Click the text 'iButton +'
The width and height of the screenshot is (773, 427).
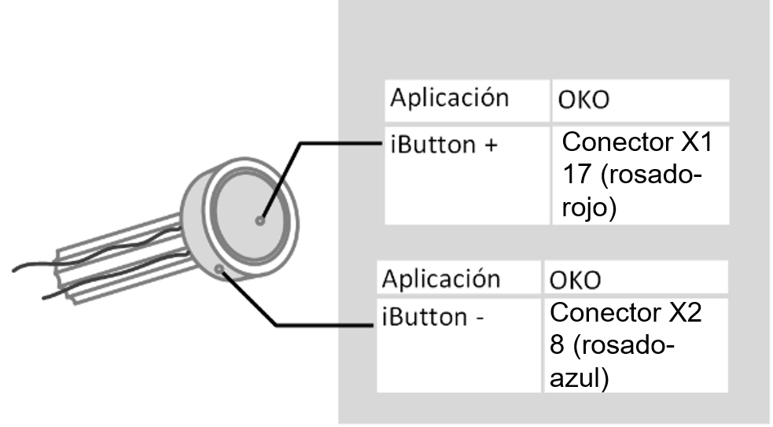444,145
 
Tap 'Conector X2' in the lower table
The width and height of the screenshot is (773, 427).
625,312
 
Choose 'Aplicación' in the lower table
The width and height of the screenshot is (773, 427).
440,278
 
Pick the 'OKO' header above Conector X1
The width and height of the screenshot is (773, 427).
584,102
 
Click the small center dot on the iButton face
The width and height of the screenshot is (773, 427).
260,221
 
